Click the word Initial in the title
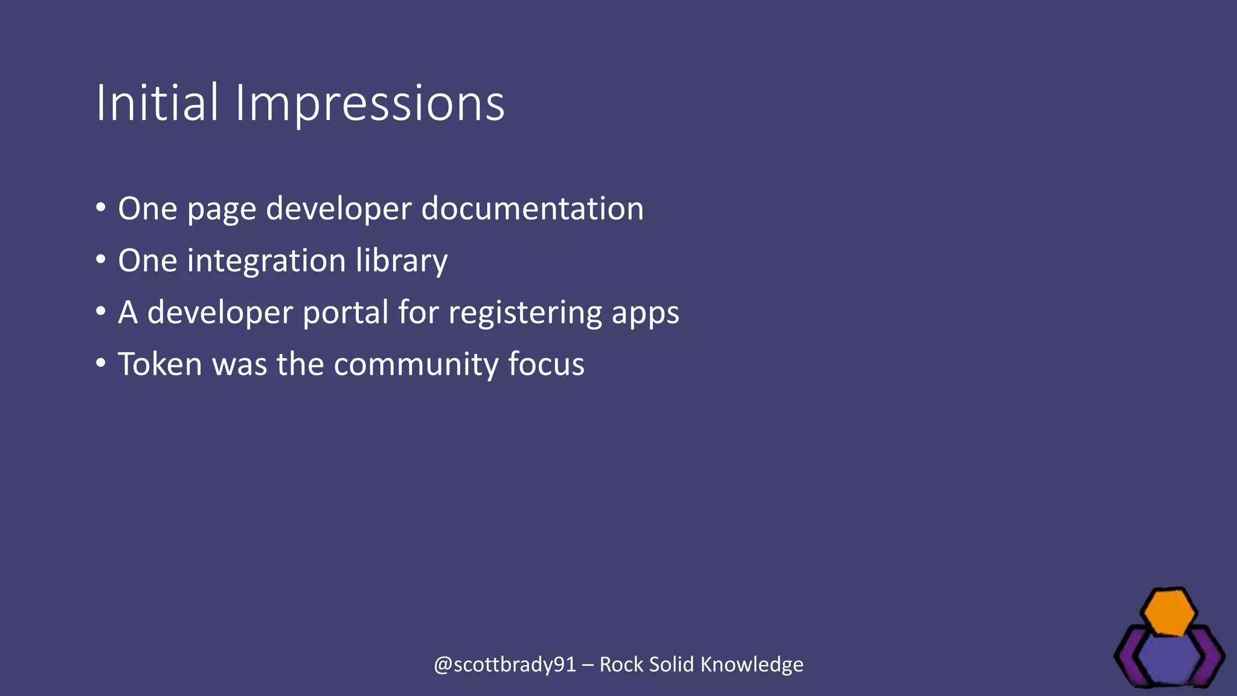click(156, 103)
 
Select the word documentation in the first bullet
click(532, 208)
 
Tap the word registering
click(525, 314)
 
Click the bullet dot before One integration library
click(101, 260)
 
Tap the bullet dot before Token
click(101, 364)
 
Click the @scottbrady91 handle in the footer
click(505, 665)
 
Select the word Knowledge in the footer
click(752, 665)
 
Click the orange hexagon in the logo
click(1170, 613)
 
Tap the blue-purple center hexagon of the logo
click(1170, 659)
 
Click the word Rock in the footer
click(621, 665)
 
